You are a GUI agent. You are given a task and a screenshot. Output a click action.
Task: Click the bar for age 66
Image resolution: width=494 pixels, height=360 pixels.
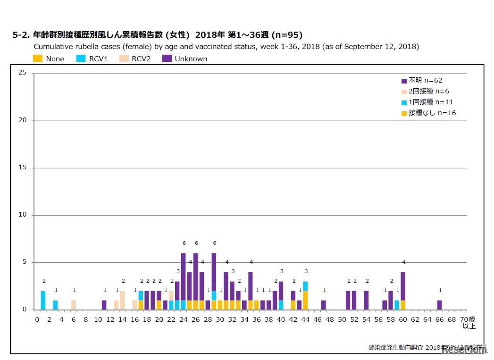[x=439, y=305]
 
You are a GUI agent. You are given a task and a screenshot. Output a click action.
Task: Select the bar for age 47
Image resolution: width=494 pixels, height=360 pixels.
[x=323, y=305]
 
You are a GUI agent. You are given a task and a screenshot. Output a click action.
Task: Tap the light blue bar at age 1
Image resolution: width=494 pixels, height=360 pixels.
[x=43, y=300]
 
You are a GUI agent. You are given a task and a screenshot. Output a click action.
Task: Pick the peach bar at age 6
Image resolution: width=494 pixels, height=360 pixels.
[x=74, y=305]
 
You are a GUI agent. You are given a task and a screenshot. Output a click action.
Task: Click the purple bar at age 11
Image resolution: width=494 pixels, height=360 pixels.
[x=104, y=305]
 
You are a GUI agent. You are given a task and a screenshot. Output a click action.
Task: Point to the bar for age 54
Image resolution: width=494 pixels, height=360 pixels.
[x=366, y=300]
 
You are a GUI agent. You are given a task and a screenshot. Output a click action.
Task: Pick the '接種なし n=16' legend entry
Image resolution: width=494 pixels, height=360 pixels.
[x=428, y=113]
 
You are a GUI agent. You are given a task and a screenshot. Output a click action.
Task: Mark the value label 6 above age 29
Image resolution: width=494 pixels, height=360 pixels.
[x=214, y=243]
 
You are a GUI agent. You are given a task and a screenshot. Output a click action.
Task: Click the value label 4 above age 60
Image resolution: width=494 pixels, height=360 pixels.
[x=403, y=262]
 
